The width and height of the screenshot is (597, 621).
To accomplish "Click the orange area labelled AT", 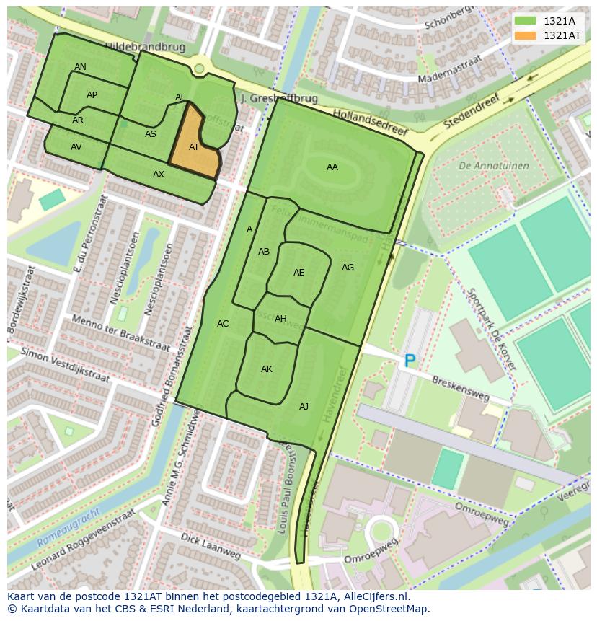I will (x=193, y=148).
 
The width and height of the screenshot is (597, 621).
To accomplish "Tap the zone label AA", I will (x=332, y=167).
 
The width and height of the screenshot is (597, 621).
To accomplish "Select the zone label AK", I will (x=267, y=369).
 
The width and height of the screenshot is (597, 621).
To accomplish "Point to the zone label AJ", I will (x=304, y=407).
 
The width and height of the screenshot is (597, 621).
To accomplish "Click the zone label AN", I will (x=80, y=67).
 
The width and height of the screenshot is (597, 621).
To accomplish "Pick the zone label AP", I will (x=92, y=95).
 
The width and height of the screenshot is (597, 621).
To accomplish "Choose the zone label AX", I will (x=159, y=175).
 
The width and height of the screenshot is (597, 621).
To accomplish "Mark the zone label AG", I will (x=348, y=268).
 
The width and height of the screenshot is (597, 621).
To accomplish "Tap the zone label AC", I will (x=223, y=324).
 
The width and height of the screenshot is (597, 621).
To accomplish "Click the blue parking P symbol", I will (x=410, y=361).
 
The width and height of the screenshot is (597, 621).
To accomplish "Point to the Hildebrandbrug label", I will (x=145, y=47).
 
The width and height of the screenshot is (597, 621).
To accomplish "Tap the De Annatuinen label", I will (x=493, y=166).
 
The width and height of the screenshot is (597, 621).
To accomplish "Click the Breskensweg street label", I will (x=460, y=388).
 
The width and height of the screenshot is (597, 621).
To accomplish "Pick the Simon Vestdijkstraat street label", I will (x=65, y=365).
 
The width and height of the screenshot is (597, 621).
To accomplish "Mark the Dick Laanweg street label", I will (x=211, y=547).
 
